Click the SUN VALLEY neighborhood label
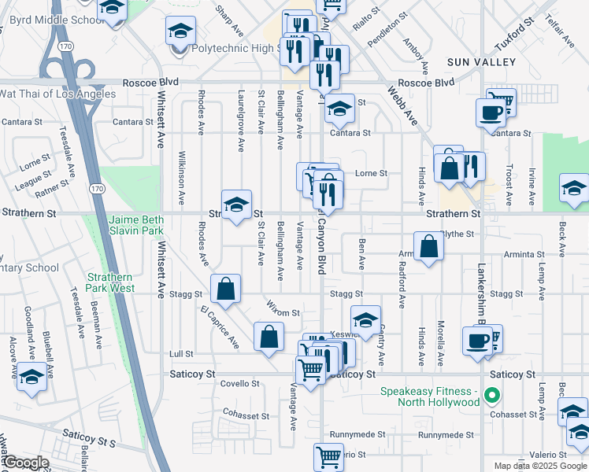pos(480,61)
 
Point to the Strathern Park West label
pos(110,283)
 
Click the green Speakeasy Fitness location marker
pos(493,396)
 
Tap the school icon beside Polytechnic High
pos(180,32)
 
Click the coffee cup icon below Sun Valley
pos(491,112)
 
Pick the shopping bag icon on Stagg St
pos(226,288)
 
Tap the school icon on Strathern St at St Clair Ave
pos(236,205)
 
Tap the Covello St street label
pos(239,384)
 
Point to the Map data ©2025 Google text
pos(539,466)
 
